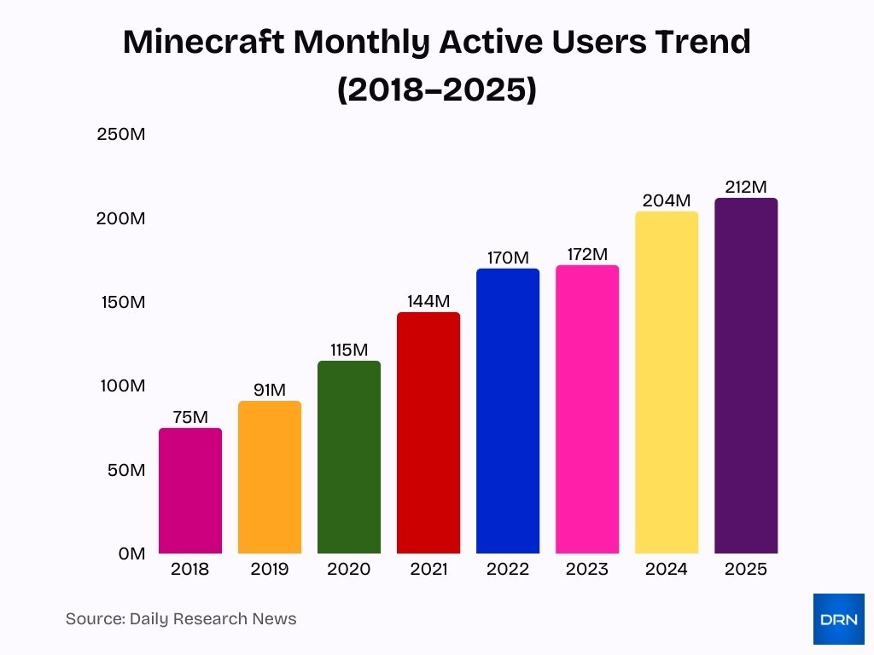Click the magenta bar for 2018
tap(190, 491)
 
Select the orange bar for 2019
tap(270, 478)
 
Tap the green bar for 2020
tap(349, 457)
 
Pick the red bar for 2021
tap(428, 433)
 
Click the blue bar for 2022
tap(508, 411)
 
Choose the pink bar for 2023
tap(587, 409)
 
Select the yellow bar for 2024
tap(667, 383)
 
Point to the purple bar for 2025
tap(746, 376)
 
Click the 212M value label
tap(746, 187)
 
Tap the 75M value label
tap(190, 417)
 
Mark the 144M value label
tap(428, 301)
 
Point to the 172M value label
tap(587, 254)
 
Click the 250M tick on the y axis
tap(121, 134)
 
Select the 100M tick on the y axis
tap(121, 385)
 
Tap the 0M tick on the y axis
tap(132, 554)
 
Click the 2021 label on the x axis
tap(428, 570)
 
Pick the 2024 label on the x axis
tap(667, 570)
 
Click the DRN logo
tap(838, 619)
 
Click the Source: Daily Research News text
tap(181, 619)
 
